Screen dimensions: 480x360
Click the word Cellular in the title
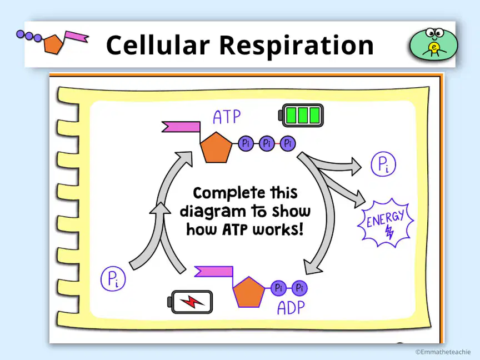click(158, 45)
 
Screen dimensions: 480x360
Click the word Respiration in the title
click(297, 46)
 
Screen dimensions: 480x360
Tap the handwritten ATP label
click(227, 117)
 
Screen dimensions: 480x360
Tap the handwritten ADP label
click(291, 308)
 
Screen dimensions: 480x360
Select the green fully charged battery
click(301, 116)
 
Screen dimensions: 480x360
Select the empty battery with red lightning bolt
click(190, 302)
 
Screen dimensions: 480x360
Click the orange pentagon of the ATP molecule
click(216, 147)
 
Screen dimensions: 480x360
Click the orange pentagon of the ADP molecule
click(249, 292)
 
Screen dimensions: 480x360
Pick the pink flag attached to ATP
click(181, 127)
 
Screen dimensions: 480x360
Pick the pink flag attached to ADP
click(214, 271)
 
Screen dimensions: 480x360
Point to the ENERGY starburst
click(386, 223)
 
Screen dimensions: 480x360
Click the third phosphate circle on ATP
click(288, 143)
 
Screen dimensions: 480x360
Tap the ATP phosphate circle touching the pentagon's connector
click(246, 143)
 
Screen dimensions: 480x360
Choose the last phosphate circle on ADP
click(299, 288)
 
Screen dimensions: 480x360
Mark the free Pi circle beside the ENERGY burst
click(383, 164)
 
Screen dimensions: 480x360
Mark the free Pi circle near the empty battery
click(113, 278)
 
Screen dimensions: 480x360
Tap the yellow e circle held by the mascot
click(434, 47)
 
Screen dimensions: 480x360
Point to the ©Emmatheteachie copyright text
click(443, 352)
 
